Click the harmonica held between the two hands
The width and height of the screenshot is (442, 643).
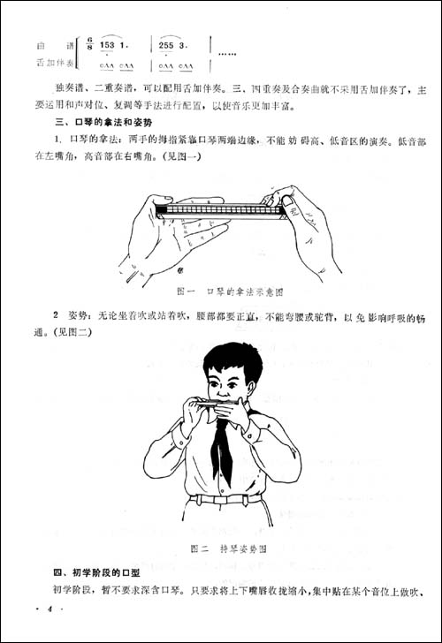tap(218, 210)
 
